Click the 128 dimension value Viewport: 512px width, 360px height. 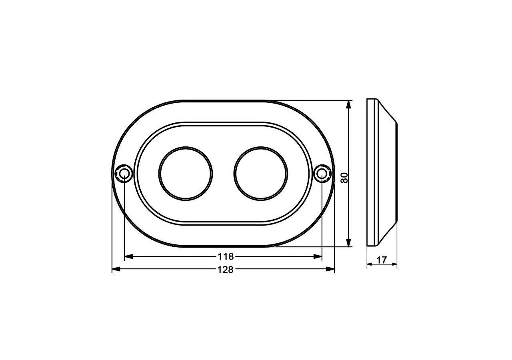coord(225,270)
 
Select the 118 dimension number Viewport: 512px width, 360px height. coord(225,256)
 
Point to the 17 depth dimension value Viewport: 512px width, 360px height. coord(382,260)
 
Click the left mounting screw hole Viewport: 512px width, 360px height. coord(123,174)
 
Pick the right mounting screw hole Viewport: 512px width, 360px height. coord(322,174)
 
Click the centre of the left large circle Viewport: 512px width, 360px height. coord(186,174)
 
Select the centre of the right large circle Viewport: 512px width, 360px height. coord(261,174)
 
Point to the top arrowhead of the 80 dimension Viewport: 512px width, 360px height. coord(349,104)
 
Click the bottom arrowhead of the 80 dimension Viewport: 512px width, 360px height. coord(349,243)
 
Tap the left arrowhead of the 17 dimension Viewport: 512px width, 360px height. coord(370,264)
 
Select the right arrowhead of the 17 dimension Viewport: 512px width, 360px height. coord(395,264)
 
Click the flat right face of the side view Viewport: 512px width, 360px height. coord(397,172)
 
